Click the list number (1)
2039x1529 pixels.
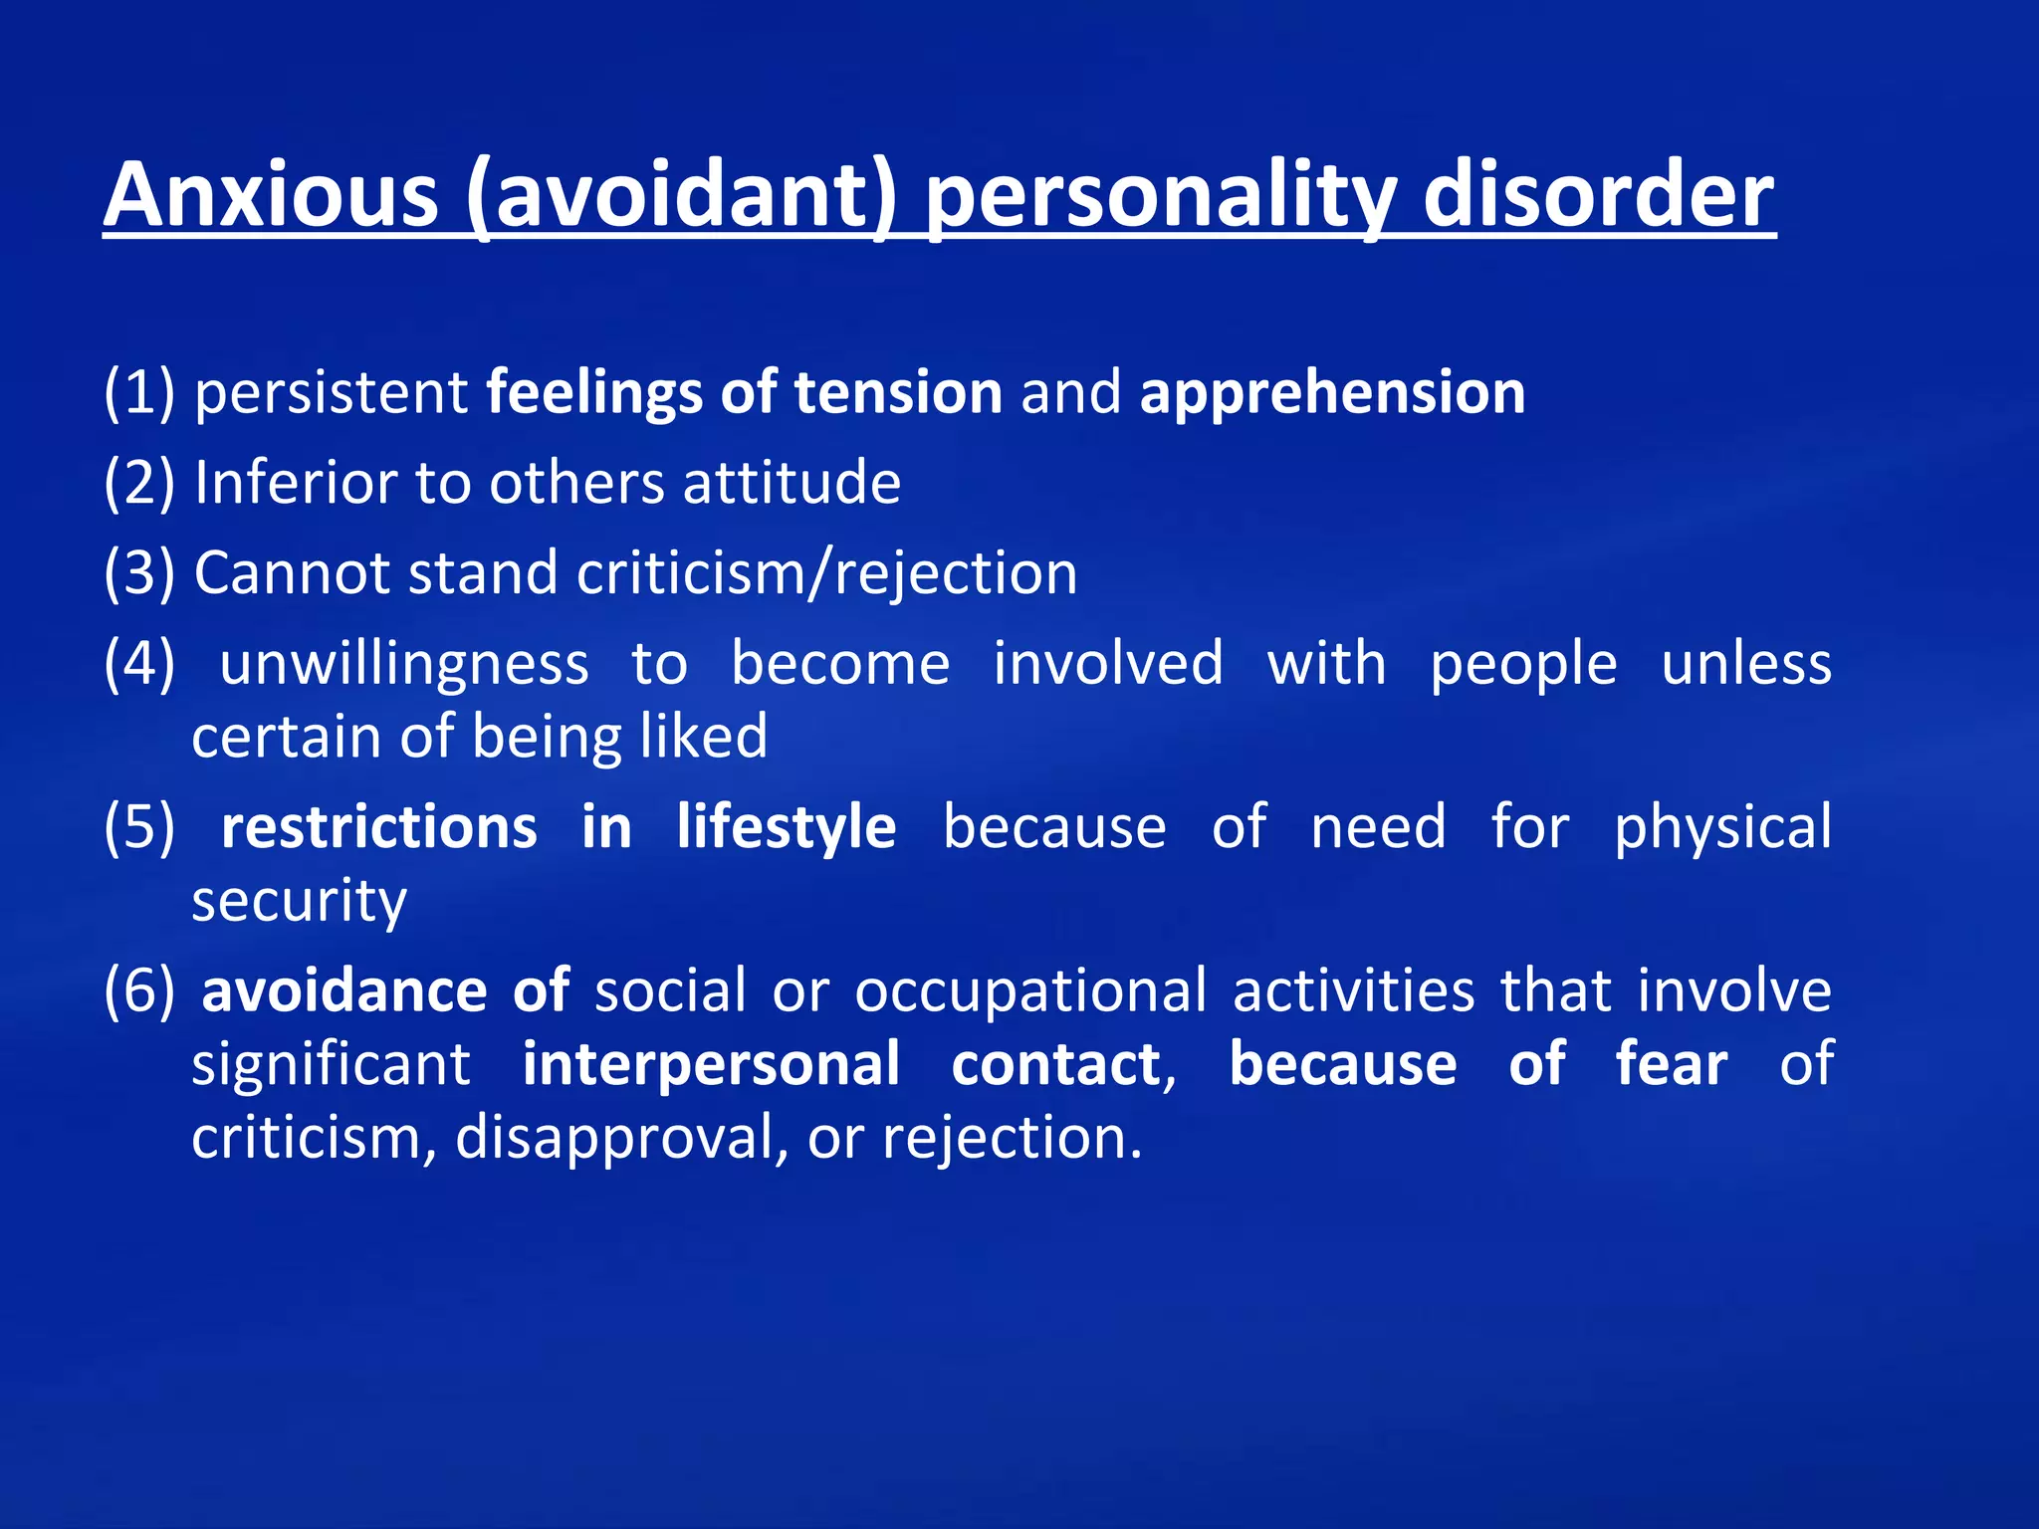139,392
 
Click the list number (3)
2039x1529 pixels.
139,573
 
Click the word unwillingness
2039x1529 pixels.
404,664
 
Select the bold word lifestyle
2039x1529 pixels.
787,828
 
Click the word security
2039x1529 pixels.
299,902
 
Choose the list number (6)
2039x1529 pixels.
139,991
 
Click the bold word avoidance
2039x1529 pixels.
343,991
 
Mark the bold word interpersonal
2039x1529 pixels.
711,1064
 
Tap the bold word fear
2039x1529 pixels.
1672,1064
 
